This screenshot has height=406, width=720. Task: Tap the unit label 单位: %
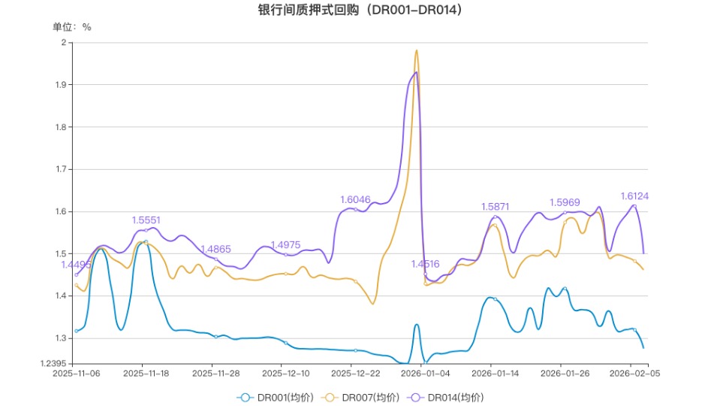click(x=72, y=27)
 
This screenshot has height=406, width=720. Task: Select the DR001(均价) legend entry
click(x=286, y=397)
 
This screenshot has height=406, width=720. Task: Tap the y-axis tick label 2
click(x=63, y=43)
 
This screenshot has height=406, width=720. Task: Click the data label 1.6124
click(x=634, y=196)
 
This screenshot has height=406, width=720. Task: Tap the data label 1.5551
click(x=146, y=220)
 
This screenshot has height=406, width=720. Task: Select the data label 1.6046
click(x=355, y=199)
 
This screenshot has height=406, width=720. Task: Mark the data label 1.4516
click(x=425, y=264)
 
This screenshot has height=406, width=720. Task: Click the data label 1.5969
click(x=565, y=202)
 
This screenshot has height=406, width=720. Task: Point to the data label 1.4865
click(x=215, y=249)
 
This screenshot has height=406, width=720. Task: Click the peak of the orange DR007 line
click(x=416, y=50)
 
